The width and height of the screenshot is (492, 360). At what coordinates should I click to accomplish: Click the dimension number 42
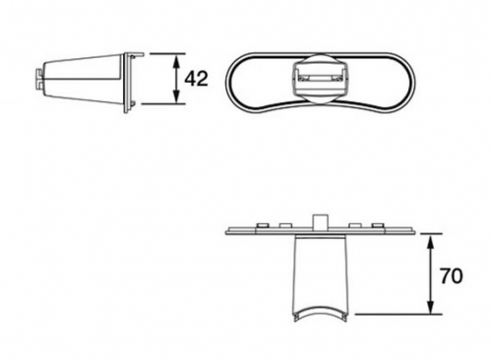(196, 79)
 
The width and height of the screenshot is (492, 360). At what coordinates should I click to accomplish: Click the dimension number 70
(451, 276)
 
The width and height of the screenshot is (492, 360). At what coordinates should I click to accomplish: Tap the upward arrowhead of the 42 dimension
(177, 61)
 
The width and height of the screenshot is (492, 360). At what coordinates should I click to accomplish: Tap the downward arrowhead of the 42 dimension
(177, 96)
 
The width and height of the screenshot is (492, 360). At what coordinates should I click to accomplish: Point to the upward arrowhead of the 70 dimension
(431, 242)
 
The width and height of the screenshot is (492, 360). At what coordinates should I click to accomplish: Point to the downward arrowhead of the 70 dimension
(431, 307)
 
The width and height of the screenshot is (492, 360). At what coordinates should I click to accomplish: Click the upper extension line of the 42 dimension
(167, 53)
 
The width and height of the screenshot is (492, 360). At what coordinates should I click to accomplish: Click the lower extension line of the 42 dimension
(163, 104)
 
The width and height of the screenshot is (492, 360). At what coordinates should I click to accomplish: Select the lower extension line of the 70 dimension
(399, 314)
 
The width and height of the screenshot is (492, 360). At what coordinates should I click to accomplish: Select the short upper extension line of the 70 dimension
(431, 234)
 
